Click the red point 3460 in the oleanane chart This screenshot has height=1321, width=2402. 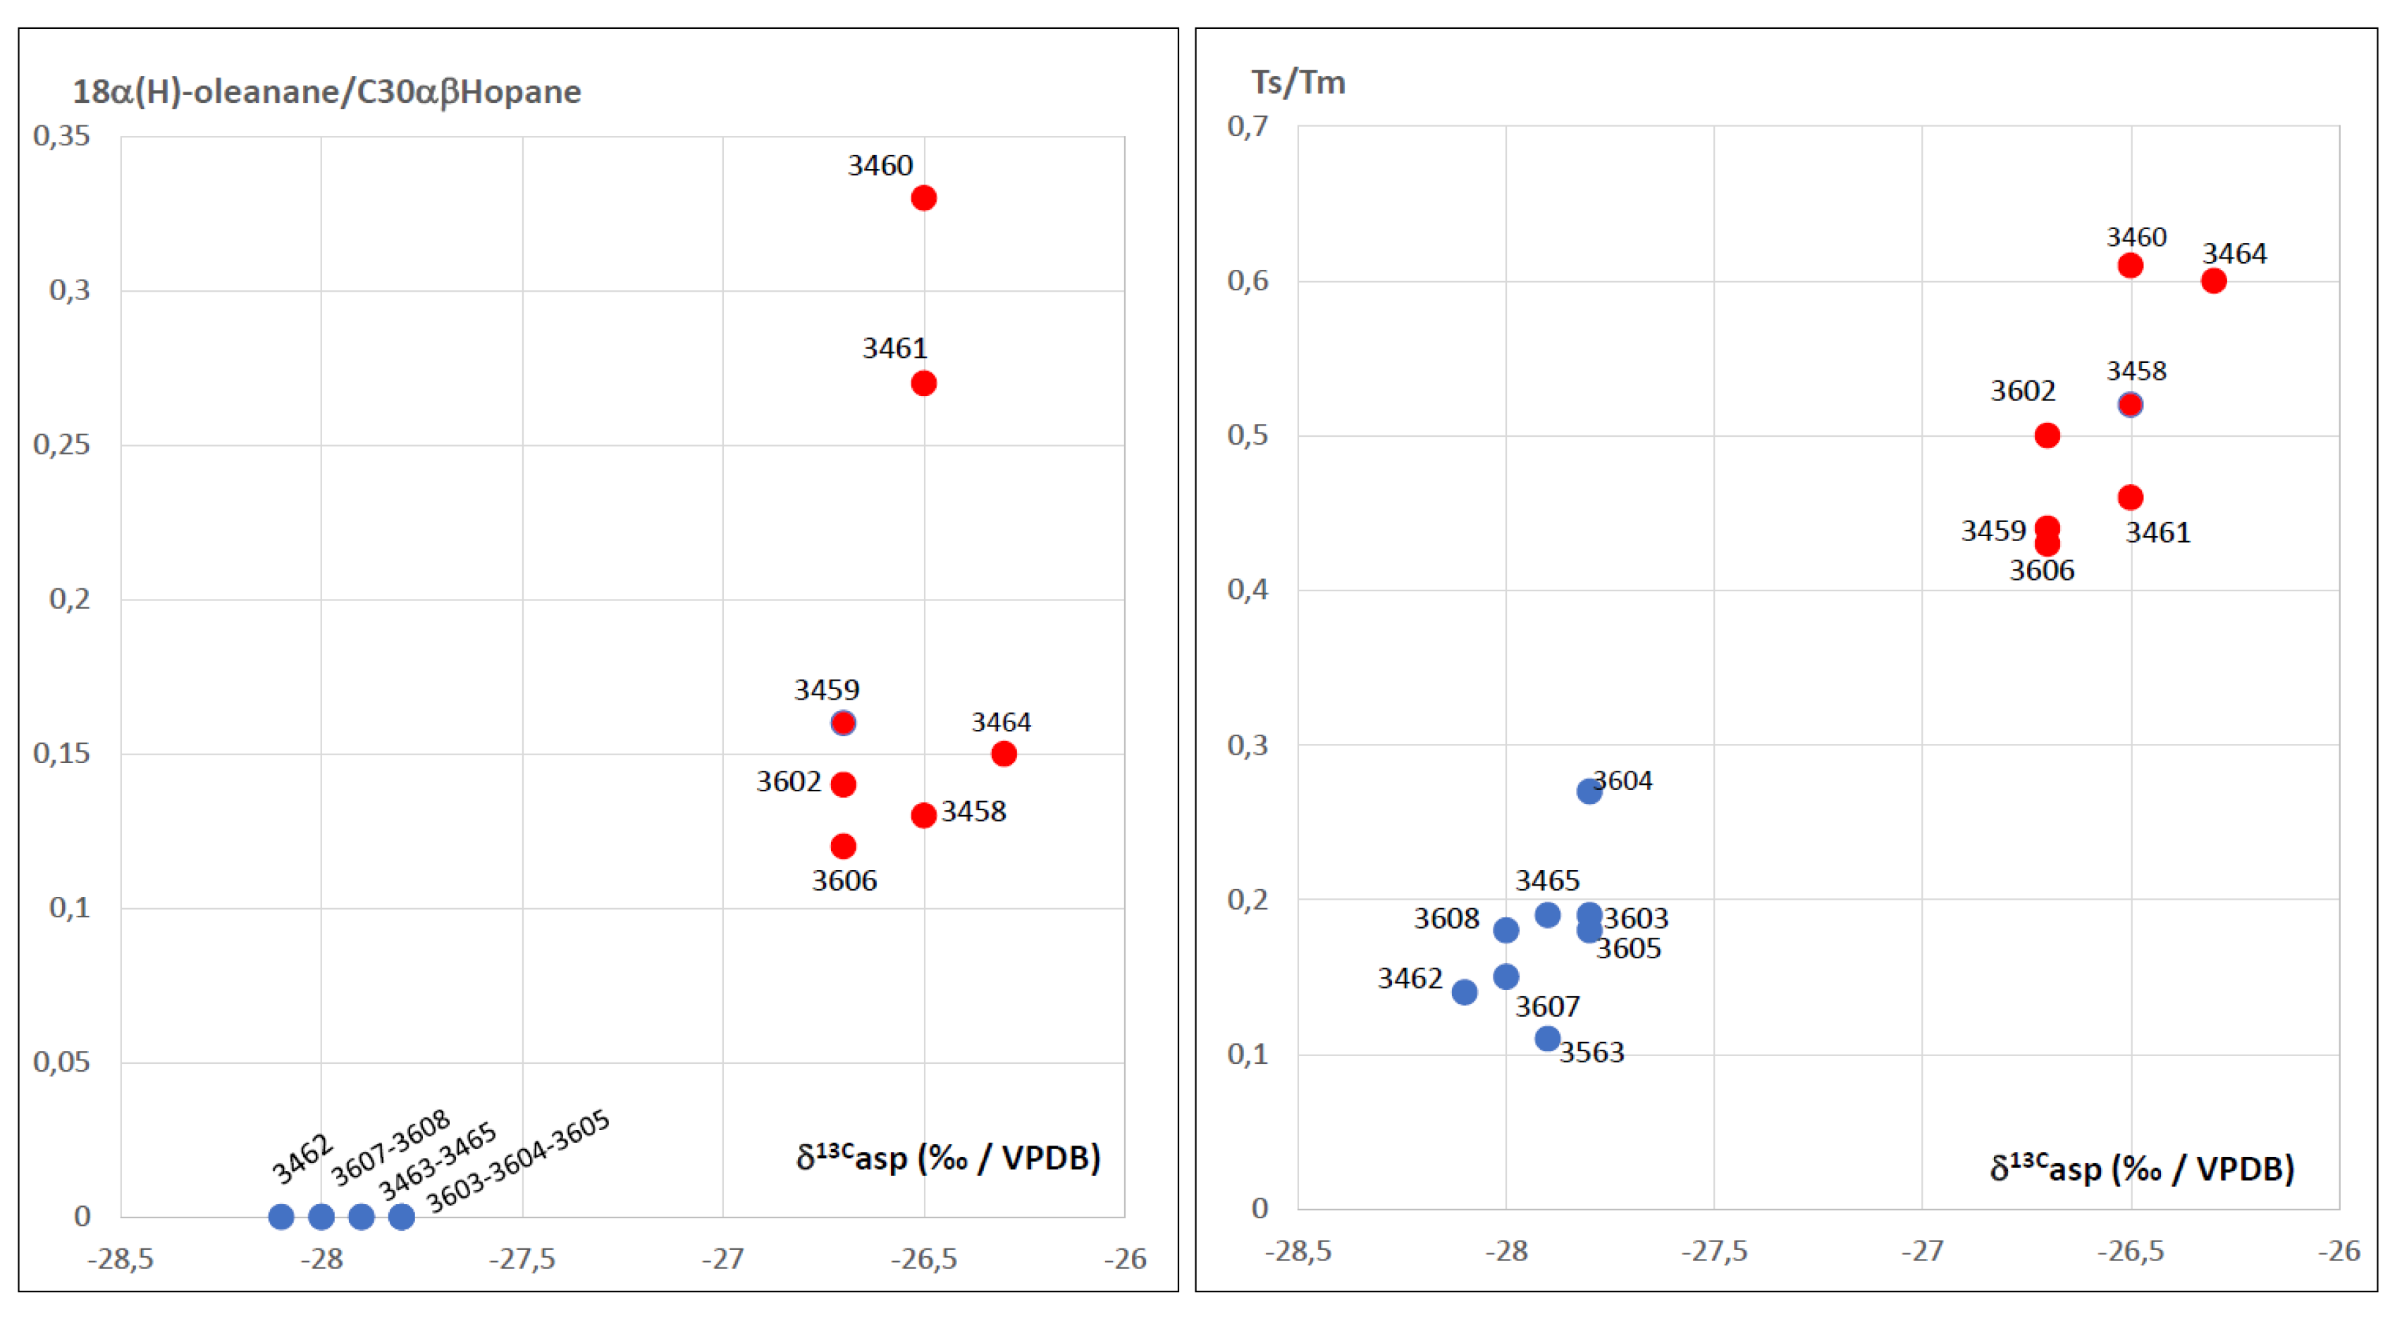(923, 198)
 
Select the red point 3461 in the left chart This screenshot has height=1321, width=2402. (923, 383)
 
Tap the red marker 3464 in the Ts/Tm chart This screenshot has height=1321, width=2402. (2212, 280)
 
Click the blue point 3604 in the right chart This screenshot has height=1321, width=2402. (1589, 791)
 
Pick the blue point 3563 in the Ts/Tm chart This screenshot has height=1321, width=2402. (1547, 1038)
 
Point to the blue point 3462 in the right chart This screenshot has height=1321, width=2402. (1464, 992)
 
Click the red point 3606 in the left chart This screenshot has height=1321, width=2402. (843, 845)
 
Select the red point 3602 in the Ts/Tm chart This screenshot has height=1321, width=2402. (2047, 435)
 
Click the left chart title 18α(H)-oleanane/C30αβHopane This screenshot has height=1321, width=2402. (326, 92)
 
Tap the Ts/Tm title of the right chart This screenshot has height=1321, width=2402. (1298, 82)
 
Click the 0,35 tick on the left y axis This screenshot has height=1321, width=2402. (61, 136)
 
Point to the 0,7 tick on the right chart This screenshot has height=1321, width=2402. (1248, 126)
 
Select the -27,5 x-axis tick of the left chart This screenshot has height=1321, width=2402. (522, 1260)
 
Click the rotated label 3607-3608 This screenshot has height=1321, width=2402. (390, 1148)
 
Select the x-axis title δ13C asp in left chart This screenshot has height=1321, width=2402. (947, 1158)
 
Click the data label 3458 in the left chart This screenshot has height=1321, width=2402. (973, 811)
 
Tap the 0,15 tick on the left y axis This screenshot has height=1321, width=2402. (61, 753)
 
